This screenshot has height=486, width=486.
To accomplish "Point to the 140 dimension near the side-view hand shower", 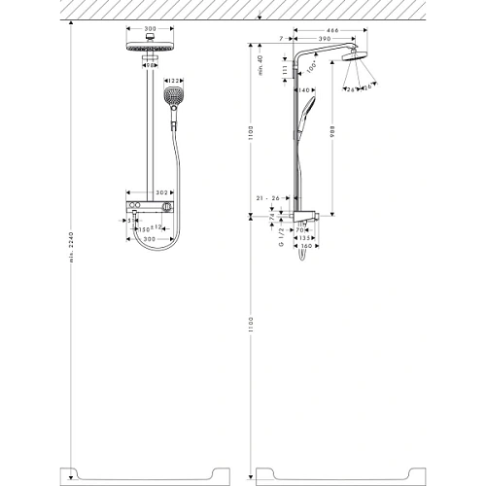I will (x=303, y=89).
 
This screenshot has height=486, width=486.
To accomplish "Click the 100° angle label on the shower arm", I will (x=312, y=70).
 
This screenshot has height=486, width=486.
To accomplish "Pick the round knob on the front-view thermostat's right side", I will (x=168, y=209).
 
